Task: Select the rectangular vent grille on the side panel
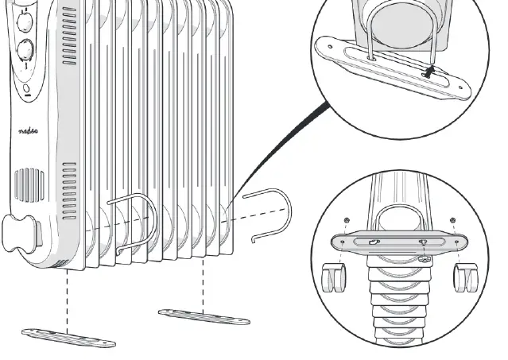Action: pos(27,184)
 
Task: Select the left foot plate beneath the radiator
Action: pos(69,335)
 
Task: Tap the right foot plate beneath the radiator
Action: pos(204,316)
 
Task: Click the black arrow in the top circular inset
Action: pos(430,72)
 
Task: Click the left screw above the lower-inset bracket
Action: pos(347,220)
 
